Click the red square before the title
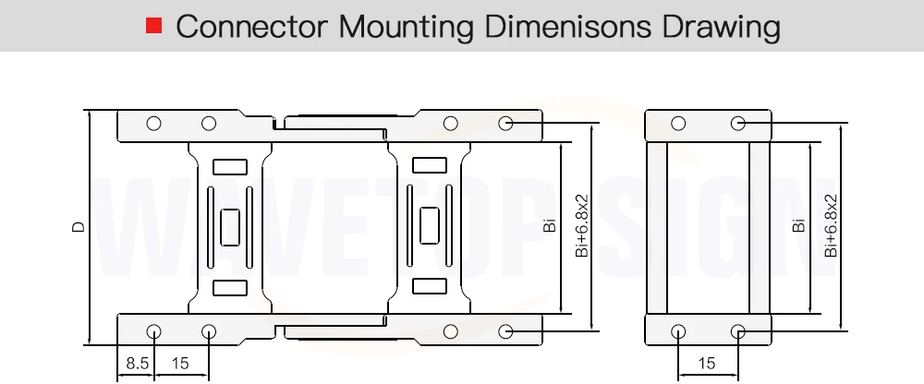[x=153, y=25]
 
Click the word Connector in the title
[x=251, y=27]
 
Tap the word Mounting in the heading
[x=406, y=28]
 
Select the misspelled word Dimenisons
[x=567, y=27]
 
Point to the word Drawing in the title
[x=722, y=28]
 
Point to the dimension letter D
[x=79, y=227]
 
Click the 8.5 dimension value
[x=138, y=364]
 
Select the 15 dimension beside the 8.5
[x=180, y=364]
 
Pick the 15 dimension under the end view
[x=706, y=364]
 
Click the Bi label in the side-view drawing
[x=549, y=225]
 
